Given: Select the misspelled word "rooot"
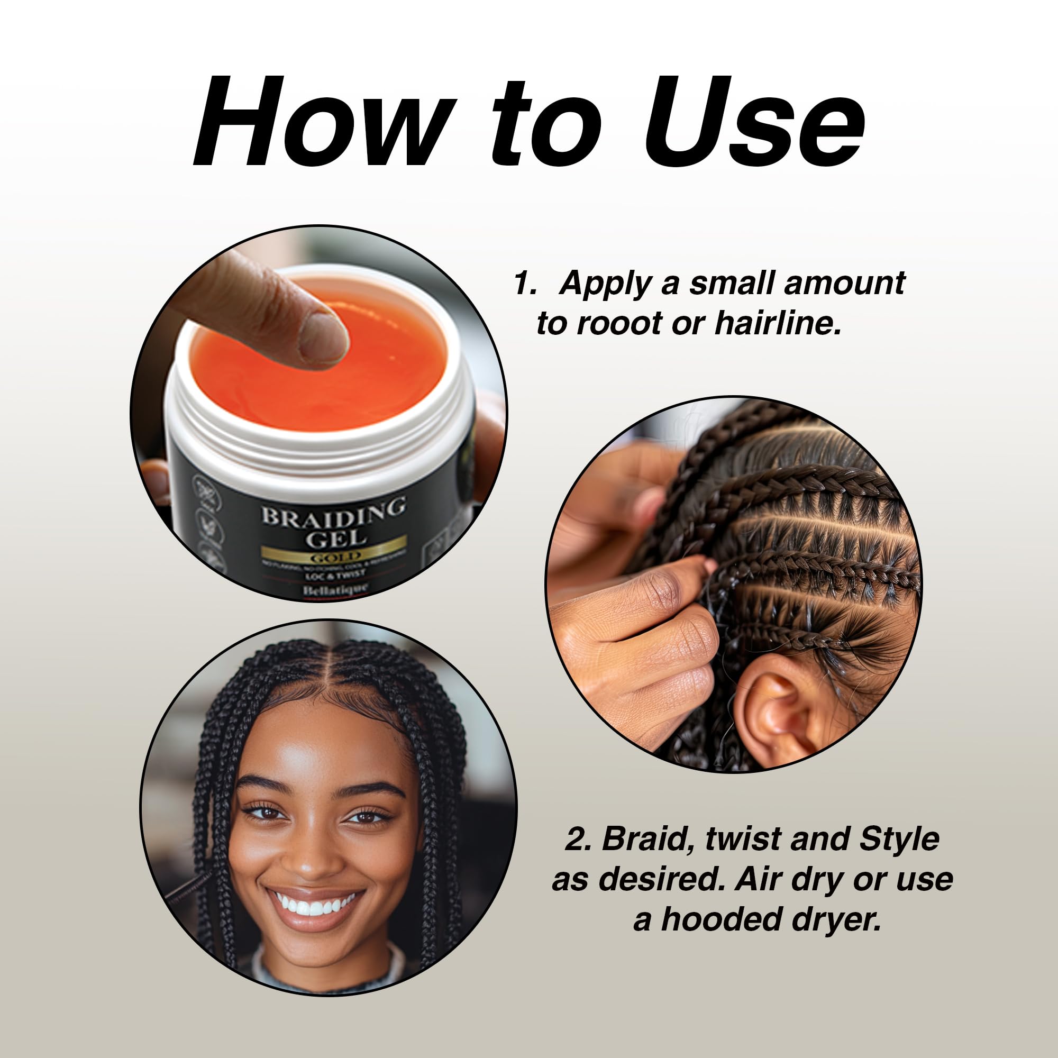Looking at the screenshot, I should point(619,324).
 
